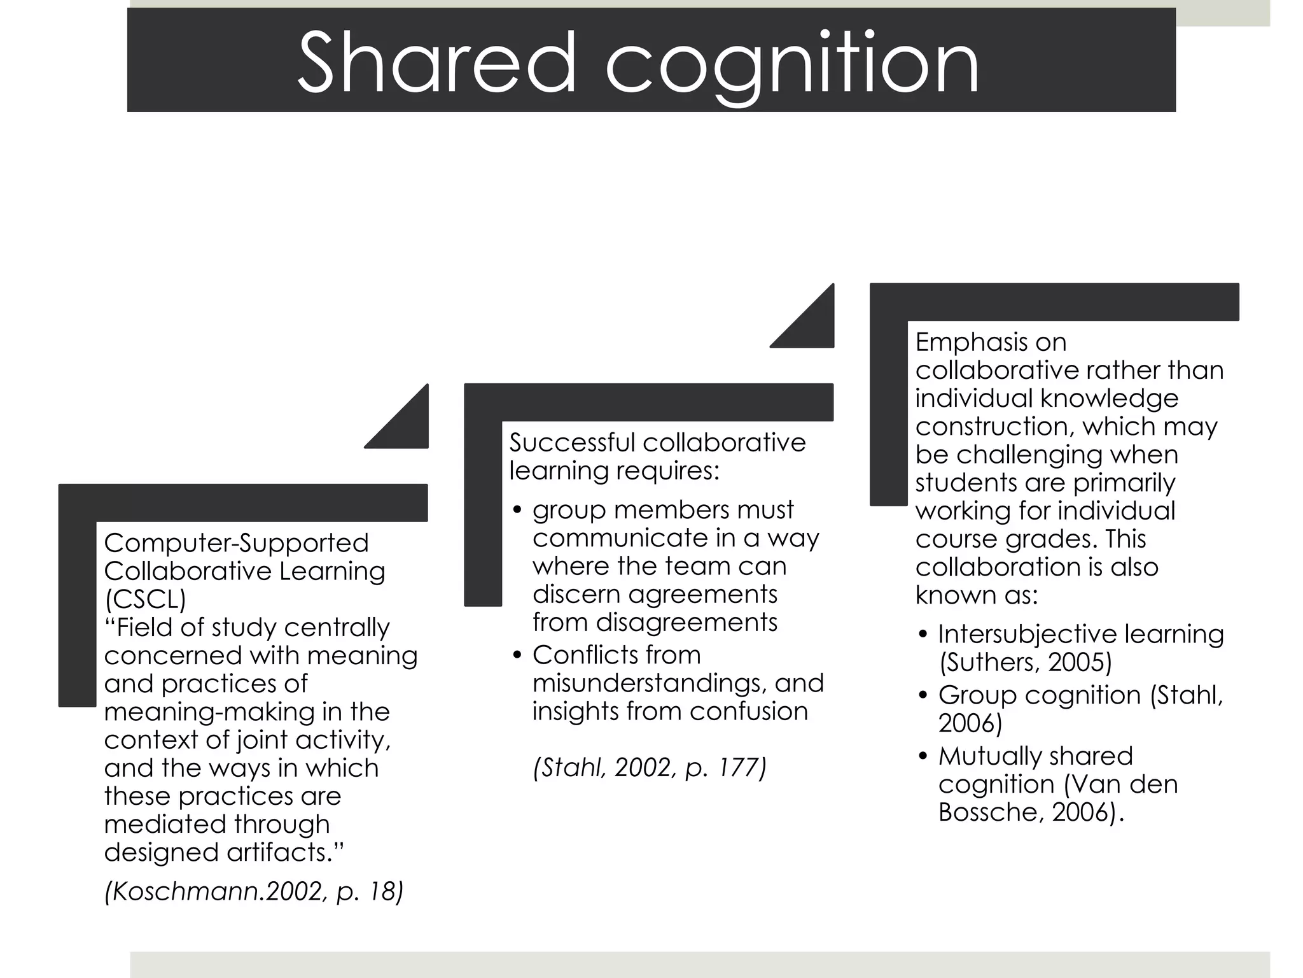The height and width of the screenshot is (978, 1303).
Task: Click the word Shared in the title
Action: (x=436, y=63)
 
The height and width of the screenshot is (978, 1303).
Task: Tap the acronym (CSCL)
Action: (x=145, y=599)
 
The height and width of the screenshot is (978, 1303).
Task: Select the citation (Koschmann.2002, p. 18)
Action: (x=254, y=891)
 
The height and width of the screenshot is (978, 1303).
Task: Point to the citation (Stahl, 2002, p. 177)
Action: (x=650, y=767)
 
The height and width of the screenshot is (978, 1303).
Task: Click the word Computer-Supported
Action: (x=236, y=543)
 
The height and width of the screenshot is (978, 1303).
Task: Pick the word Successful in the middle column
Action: (x=571, y=443)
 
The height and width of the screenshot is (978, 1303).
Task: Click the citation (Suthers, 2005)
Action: (x=1026, y=662)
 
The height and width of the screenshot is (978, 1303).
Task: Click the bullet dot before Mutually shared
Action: (x=923, y=757)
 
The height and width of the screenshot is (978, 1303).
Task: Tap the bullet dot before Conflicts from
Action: (x=517, y=655)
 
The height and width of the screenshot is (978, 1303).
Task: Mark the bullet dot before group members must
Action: (x=517, y=510)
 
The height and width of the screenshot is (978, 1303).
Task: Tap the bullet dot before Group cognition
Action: (x=923, y=695)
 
